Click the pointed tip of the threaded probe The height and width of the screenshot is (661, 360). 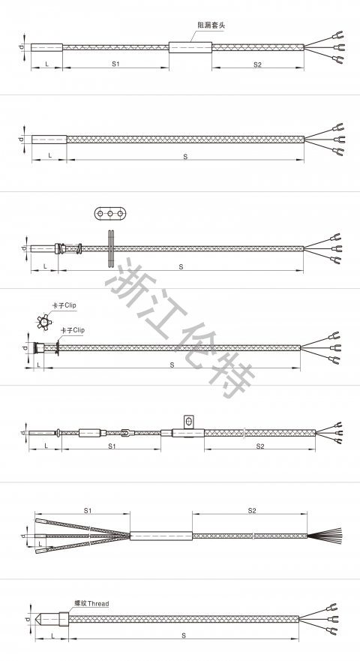tap(35, 620)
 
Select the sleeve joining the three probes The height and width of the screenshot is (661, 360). tap(161, 536)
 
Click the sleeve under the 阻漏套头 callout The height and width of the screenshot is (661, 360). tap(190, 47)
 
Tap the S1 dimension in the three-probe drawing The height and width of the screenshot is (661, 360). tap(87, 510)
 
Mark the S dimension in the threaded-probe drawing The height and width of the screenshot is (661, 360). tap(184, 635)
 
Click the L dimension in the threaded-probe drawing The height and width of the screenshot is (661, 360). tap(50, 635)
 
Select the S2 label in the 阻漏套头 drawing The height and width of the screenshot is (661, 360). tap(257, 65)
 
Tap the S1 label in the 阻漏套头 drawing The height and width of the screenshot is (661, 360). tap(116, 65)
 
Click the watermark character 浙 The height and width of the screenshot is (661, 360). tap(125, 280)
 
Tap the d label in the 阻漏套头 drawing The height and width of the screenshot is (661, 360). tap(21, 47)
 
